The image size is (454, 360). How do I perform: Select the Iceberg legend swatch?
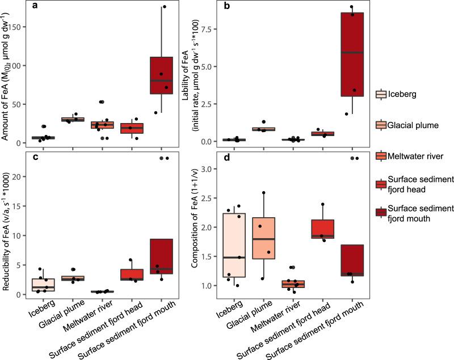click(x=381, y=94)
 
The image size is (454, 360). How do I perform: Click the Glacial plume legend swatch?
click(x=381, y=124)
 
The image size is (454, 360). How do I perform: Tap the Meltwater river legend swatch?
click(x=381, y=154)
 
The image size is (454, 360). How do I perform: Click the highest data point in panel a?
click(x=164, y=7)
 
